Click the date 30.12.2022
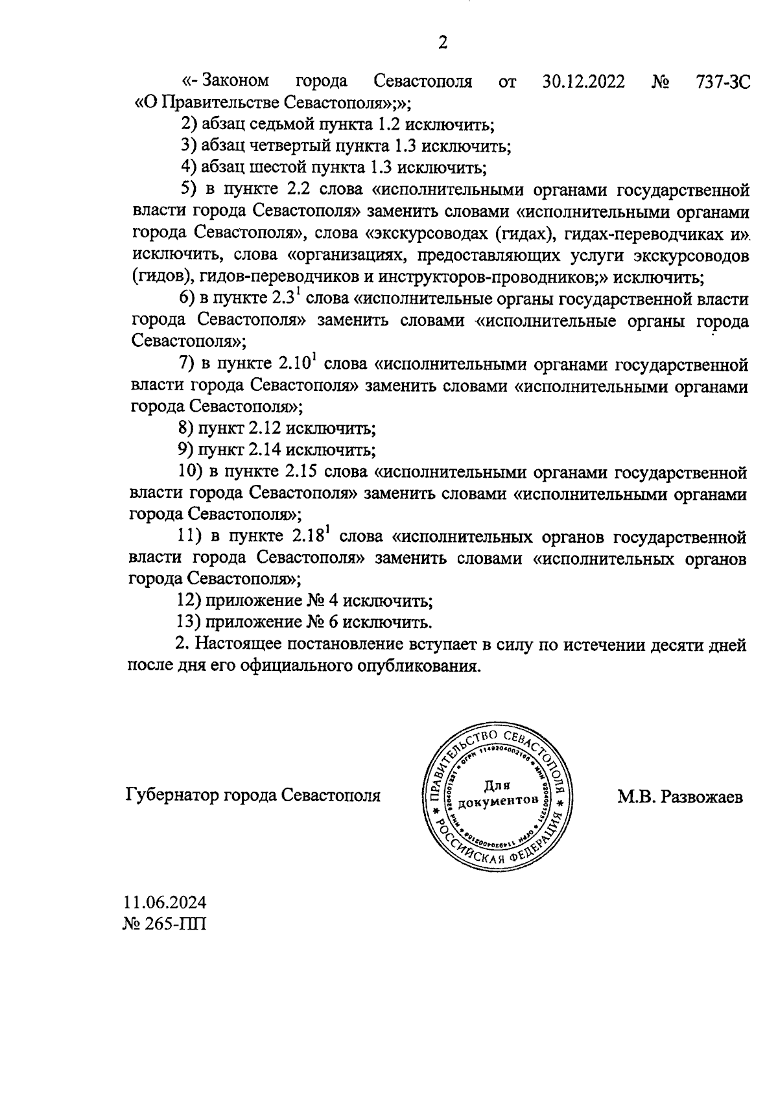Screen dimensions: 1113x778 (x=583, y=82)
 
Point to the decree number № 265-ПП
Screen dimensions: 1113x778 (x=165, y=923)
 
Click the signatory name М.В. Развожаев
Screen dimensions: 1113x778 (x=680, y=796)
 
